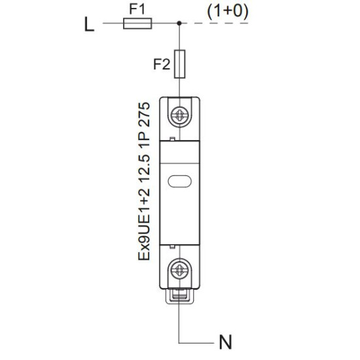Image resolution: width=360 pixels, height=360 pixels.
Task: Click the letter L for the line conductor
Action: tap(89, 24)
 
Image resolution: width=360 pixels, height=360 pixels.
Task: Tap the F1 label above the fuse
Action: tap(137, 9)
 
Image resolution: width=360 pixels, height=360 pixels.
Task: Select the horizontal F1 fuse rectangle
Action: tap(137, 24)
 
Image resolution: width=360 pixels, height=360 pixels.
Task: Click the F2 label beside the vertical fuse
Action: tap(162, 64)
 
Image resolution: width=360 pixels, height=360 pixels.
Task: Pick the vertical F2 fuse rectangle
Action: tap(179, 64)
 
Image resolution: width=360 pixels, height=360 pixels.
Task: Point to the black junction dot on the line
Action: tap(179, 23)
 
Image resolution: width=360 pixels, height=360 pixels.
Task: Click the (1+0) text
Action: tap(228, 11)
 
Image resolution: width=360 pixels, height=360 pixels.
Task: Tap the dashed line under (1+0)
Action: tap(215, 23)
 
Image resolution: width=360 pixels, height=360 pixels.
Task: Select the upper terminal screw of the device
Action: tap(180, 114)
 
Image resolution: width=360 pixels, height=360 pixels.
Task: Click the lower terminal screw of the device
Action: tap(180, 268)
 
